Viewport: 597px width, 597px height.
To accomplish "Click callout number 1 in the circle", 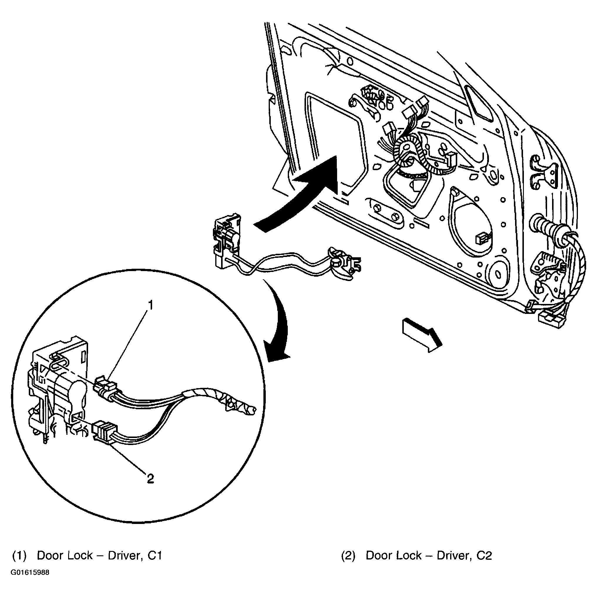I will pos(150,305).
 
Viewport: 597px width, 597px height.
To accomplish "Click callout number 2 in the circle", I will pos(150,479).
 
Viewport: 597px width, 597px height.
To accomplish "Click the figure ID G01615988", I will pos(30,573).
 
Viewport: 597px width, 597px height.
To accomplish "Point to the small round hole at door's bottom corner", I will pos(498,274).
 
